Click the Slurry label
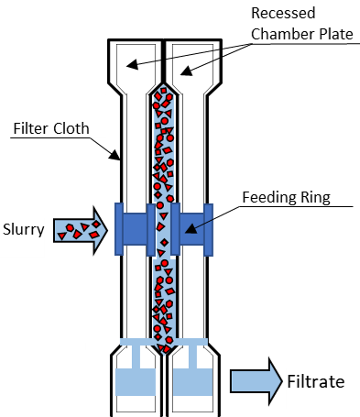[23, 229]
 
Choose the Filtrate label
[316, 380]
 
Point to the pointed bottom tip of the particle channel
[162, 354]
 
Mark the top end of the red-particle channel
[162, 90]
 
